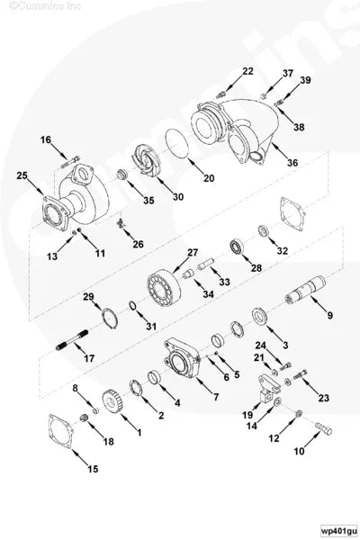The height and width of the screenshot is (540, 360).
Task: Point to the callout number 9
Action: coord(329,315)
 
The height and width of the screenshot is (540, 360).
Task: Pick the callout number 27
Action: coord(192,252)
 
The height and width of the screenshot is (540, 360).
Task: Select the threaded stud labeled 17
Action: coord(74,340)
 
